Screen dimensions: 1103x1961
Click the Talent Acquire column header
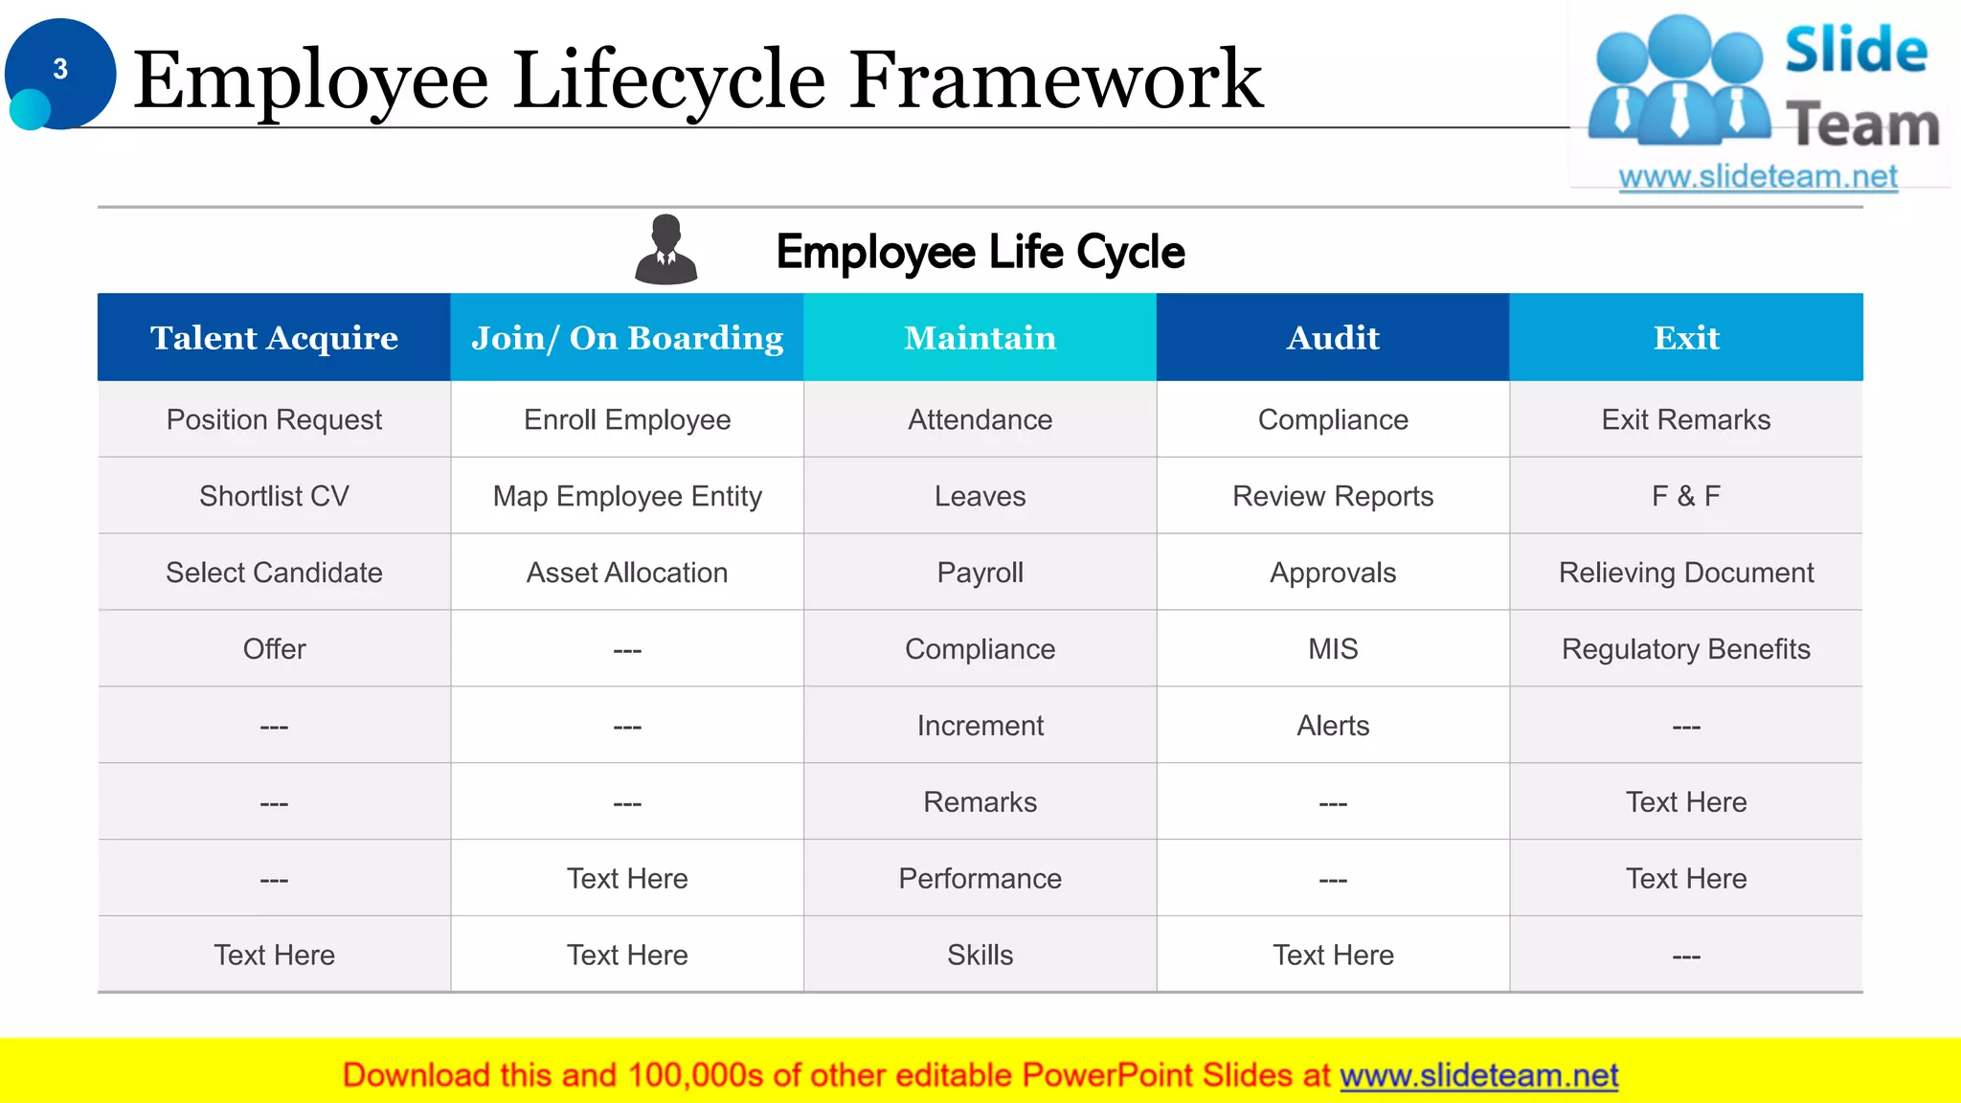point(274,338)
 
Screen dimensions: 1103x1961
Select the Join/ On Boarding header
point(627,338)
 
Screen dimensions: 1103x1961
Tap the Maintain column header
point(980,338)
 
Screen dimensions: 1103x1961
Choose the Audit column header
point(1333,338)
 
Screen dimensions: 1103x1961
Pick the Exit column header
point(1686,338)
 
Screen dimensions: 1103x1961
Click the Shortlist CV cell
point(274,496)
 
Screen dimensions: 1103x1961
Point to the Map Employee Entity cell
point(627,496)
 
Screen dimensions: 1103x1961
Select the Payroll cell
point(980,573)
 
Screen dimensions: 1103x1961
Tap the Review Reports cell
point(1333,496)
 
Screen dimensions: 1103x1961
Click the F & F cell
point(1686,496)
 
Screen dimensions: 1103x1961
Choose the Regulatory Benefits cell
point(1686,649)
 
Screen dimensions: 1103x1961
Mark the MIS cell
point(1333,649)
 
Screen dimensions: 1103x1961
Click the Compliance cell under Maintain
point(980,649)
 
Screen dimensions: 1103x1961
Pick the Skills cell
point(980,955)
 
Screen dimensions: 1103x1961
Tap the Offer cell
point(274,649)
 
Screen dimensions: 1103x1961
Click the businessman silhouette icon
point(666,250)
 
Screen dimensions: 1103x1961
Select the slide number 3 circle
point(60,72)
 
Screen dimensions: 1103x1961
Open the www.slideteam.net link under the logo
point(1757,177)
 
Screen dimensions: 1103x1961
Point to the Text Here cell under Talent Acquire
point(274,955)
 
